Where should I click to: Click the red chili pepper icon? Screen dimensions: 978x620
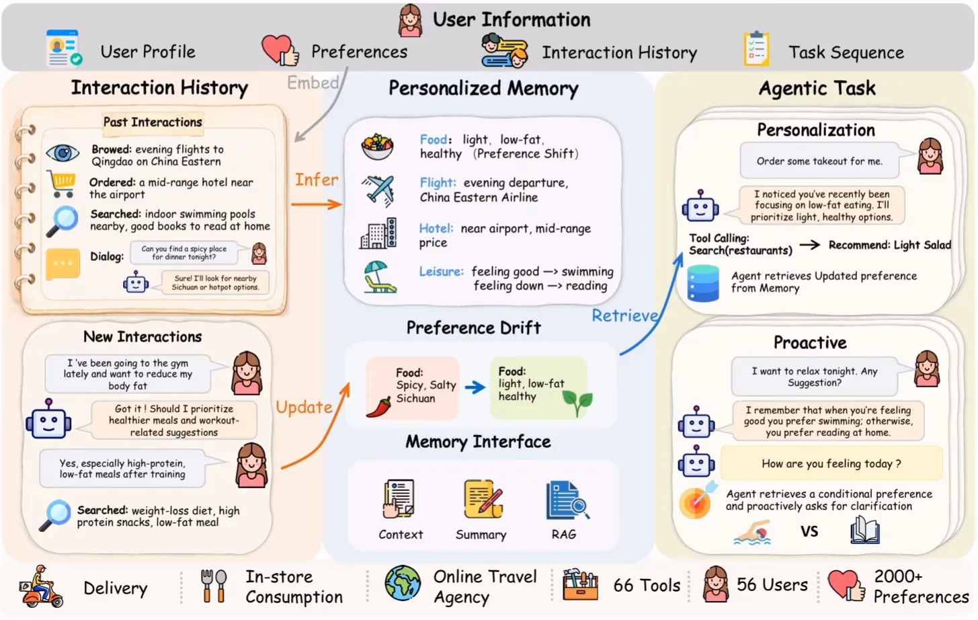click(378, 408)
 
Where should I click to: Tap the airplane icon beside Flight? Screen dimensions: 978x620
click(378, 190)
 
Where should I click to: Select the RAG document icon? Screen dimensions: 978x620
click(567, 500)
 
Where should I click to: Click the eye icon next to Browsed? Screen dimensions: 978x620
click(63, 153)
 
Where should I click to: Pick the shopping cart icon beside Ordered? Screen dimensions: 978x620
click(62, 184)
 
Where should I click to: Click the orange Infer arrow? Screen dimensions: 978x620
click(317, 204)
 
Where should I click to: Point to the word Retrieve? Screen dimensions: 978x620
click(625, 315)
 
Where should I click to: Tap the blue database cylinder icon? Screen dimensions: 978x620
click(703, 283)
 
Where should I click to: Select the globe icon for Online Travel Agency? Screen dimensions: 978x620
click(403, 583)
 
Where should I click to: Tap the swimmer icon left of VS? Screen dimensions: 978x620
click(752, 532)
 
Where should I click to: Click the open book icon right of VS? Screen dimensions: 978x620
click(865, 530)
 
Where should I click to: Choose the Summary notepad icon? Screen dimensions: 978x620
click(483, 499)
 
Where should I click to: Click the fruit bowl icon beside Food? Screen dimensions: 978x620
click(377, 147)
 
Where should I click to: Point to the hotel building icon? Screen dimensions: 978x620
click(378, 233)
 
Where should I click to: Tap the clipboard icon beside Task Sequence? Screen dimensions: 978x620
click(757, 48)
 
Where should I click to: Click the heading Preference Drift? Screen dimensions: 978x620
click(474, 327)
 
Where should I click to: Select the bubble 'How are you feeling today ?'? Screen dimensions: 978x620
click(831, 463)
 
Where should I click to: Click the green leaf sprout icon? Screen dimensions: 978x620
click(577, 403)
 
